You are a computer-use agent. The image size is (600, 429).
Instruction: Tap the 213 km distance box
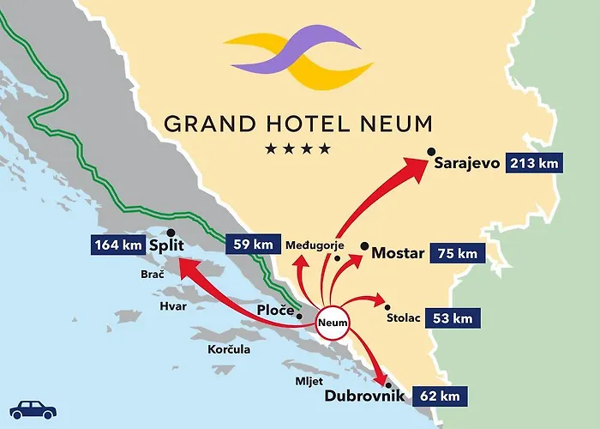[534, 162]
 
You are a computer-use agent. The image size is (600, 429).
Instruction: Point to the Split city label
[167, 246]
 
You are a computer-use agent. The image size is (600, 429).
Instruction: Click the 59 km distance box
[252, 245]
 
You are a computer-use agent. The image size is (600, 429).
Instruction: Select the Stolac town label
[404, 318]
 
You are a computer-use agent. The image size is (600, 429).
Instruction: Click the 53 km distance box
[450, 318]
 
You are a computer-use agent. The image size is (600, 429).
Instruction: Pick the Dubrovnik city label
[364, 396]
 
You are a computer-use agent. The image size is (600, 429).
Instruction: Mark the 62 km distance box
[441, 396]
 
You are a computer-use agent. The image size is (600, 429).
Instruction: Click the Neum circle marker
[333, 323]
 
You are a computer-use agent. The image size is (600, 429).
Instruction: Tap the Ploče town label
[274, 310]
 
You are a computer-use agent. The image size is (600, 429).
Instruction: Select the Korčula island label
[229, 350]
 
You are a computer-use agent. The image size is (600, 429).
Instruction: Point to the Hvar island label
[173, 305]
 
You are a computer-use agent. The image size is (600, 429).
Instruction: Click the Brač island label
[152, 275]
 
